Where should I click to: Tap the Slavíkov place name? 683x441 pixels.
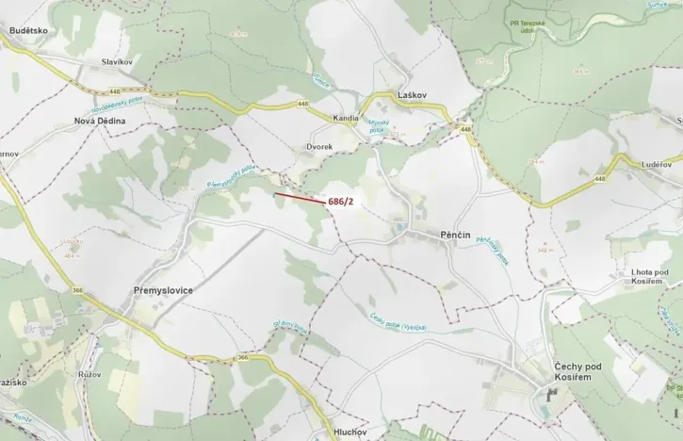[x=120, y=62]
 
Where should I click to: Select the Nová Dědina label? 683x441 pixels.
[x=100, y=122]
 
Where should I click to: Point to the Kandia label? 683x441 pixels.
[x=347, y=119]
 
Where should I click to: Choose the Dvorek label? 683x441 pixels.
[x=319, y=148]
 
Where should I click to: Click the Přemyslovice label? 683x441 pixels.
[x=156, y=290]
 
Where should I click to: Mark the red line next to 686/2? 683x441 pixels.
[x=299, y=199]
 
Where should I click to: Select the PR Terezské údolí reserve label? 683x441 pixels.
[x=548, y=24]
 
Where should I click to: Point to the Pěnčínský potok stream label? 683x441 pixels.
[x=492, y=250]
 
